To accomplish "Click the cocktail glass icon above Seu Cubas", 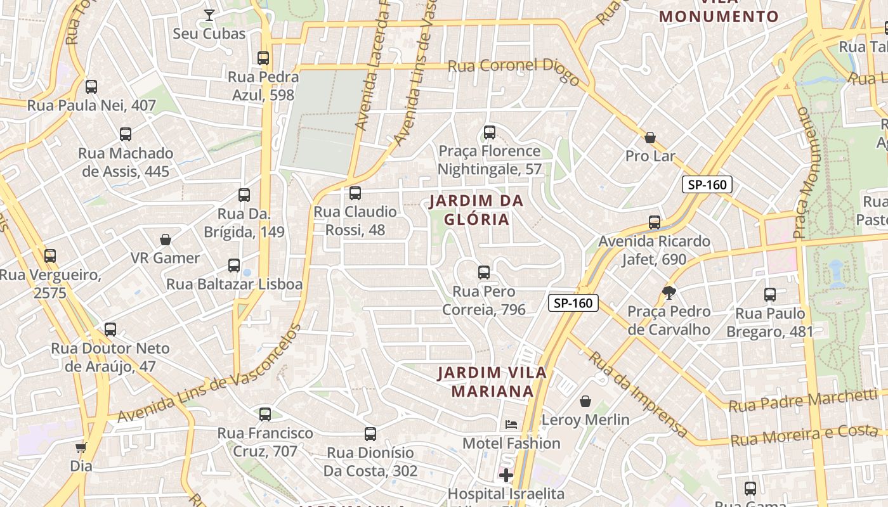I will pyautogui.click(x=209, y=15).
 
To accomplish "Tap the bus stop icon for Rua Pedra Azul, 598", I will pyautogui.click(x=263, y=58).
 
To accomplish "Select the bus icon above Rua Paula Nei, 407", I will pyautogui.click(x=91, y=87).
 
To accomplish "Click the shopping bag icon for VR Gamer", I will pyautogui.click(x=166, y=240).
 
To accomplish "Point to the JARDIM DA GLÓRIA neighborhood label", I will pyautogui.click(x=476, y=210).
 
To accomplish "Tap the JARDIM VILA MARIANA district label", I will pyautogui.click(x=492, y=382).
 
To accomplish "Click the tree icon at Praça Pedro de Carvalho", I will pyautogui.click(x=669, y=292).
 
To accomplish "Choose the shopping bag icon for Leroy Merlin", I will pyautogui.click(x=585, y=401).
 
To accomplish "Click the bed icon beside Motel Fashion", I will pyautogui.click(x=511, y=424).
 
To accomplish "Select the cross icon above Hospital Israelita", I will pyautogui.click(x=506, y=475).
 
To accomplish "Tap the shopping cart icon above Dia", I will pyautogui.click(x=81, y=447).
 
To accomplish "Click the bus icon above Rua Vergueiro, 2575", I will pyautogui.click(x=50, y=256).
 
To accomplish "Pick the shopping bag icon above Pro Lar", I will pyautogui.click(x=650, y=138).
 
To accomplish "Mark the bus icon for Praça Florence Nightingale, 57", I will pyautogui.click(x=490, y=132).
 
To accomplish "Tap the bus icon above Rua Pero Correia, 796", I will pyautogui.click(x=484, y=273).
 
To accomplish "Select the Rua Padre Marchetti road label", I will pyautogui.click(x=802, y=401).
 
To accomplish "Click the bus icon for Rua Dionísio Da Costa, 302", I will pyautogui.click(x=370, y=434).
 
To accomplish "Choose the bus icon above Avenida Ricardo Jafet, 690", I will pyautogui.click(x=655, y=222).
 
